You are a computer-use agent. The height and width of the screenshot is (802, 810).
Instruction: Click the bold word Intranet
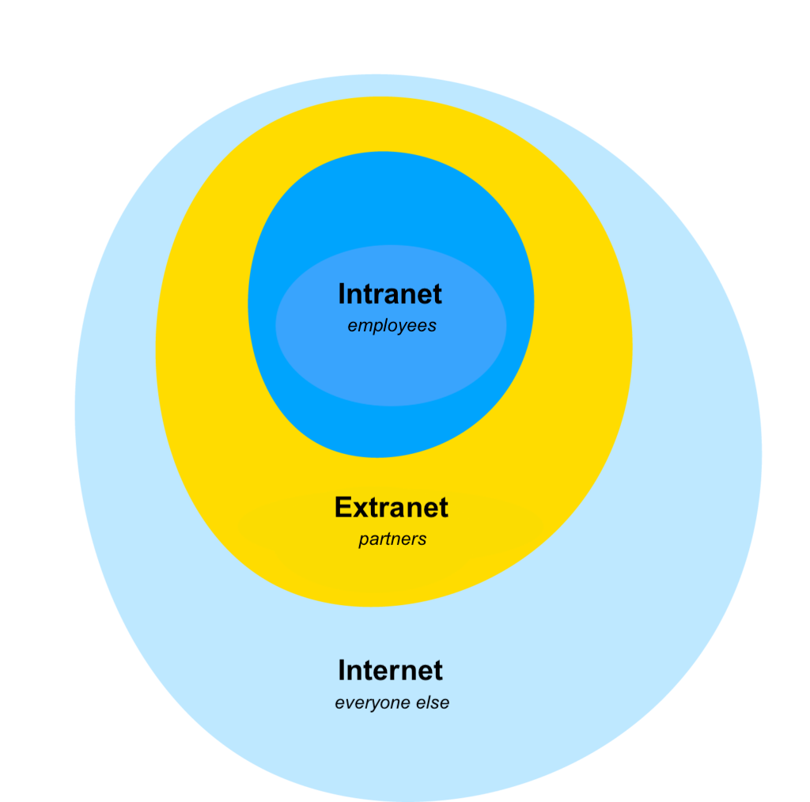(390, 294)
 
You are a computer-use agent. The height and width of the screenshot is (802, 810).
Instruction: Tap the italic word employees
(392, 326)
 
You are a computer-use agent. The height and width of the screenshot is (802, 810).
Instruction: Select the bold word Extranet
(391, 507)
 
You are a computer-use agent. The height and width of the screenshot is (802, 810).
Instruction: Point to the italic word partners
(392, 539)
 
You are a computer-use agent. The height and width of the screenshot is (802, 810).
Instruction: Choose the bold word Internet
(390, 671)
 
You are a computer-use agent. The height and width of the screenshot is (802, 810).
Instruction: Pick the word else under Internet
(433, 702)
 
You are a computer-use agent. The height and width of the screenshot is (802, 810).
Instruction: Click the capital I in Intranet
(342, 294)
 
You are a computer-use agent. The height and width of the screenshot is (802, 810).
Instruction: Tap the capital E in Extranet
(343, 507)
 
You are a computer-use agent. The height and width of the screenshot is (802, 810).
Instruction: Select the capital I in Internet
(342, 671)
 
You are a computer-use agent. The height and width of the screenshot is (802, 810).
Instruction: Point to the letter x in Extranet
(361, 510)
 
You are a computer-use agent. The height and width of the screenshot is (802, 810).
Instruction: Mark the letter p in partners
(364, 541)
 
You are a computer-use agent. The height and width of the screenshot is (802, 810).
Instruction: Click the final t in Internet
(437, 671)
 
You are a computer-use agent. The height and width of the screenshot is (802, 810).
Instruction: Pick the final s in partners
(422, 540)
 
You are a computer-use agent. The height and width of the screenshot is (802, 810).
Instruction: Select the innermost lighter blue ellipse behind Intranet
(391, 372)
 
